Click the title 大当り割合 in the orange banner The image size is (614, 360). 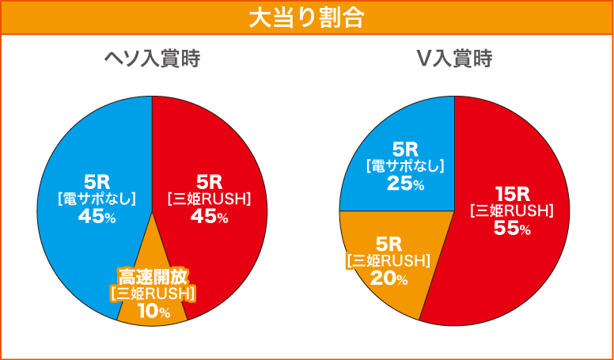[306, 17]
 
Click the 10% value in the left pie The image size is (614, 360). [153, 312]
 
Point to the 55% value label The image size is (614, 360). [511, 229]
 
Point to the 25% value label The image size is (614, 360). [405, 184]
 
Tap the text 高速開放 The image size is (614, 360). [153, 276]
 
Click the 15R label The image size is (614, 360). [511, 193]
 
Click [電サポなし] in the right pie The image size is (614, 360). [405, 165]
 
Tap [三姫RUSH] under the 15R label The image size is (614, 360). [511, 210]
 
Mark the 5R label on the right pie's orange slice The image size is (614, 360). [388, 243]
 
